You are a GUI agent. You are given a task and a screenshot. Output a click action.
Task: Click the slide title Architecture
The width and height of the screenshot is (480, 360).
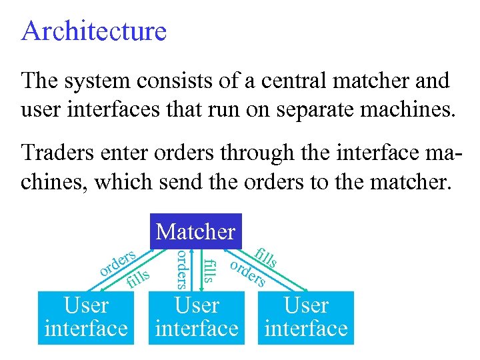[x=94, y=31]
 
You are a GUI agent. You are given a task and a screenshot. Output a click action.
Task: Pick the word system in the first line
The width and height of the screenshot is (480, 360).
[x=101, y=81]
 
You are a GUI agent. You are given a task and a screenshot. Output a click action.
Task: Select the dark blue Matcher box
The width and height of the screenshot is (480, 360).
[x=195, y=231]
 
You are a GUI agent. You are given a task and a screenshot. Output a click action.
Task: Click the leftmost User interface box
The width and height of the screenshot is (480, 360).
[x=86, y=317]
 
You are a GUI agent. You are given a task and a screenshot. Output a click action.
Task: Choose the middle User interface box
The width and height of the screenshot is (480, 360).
[x=196, y=317]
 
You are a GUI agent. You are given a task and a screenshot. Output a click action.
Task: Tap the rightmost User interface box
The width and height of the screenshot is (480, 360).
[x=306, y=317]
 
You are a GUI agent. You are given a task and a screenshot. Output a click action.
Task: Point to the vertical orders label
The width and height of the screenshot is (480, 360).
[x=180, y=269]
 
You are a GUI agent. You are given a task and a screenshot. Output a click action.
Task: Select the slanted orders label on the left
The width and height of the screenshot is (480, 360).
[x=117, y=263]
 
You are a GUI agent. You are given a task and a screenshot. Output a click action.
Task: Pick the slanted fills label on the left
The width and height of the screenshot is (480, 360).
[x=138, y=279]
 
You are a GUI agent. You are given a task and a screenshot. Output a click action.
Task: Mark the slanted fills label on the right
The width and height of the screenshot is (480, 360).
[x=267, y=257]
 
